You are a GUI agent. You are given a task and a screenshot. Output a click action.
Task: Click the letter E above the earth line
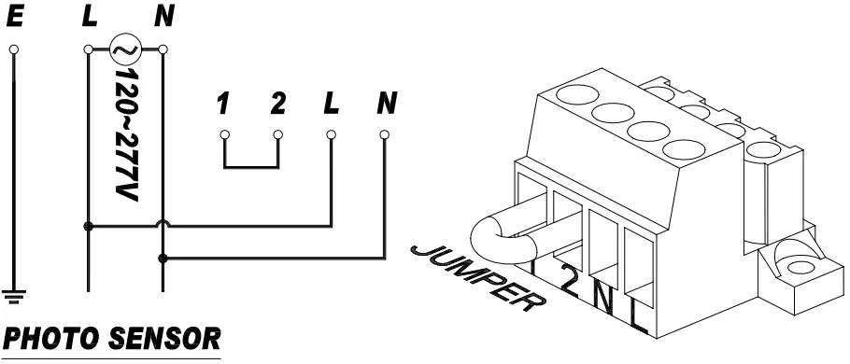coord(15,16)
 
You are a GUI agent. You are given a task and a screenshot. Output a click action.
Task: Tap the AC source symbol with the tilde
coord(124,47)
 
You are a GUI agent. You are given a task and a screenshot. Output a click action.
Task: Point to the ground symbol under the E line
coord(15,298)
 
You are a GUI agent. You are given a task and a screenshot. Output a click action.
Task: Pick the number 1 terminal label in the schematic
coord(223,103)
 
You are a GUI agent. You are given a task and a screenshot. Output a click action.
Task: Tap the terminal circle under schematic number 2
coord(277,134)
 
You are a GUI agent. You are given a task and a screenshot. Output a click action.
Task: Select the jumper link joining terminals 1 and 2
coord(251,167)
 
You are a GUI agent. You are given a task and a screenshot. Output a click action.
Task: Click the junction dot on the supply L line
coord(88,225)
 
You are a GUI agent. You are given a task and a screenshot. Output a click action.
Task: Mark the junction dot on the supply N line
coord(163,256)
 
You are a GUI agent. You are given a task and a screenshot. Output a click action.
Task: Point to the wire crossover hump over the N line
coord(163,224)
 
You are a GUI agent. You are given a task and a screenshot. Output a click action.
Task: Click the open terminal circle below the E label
coord(15,47)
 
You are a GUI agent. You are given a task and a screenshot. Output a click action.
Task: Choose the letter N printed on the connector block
coord(603,301)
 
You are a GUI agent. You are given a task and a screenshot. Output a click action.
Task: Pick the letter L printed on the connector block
coord(638,319)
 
